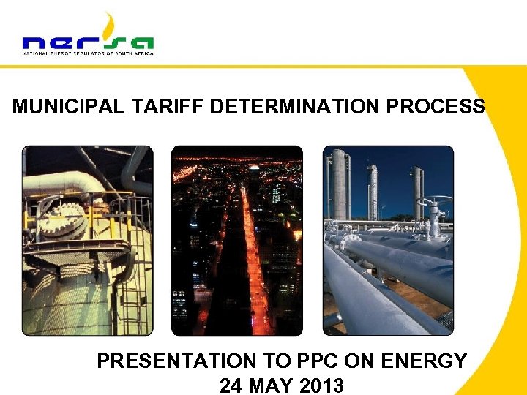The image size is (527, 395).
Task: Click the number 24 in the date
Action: (232, 384)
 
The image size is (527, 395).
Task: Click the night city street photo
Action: (236, 241)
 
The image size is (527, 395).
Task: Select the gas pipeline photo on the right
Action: (388, 241)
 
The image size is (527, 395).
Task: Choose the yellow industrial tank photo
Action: (87, 241)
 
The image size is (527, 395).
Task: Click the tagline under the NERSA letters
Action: (88, 53)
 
